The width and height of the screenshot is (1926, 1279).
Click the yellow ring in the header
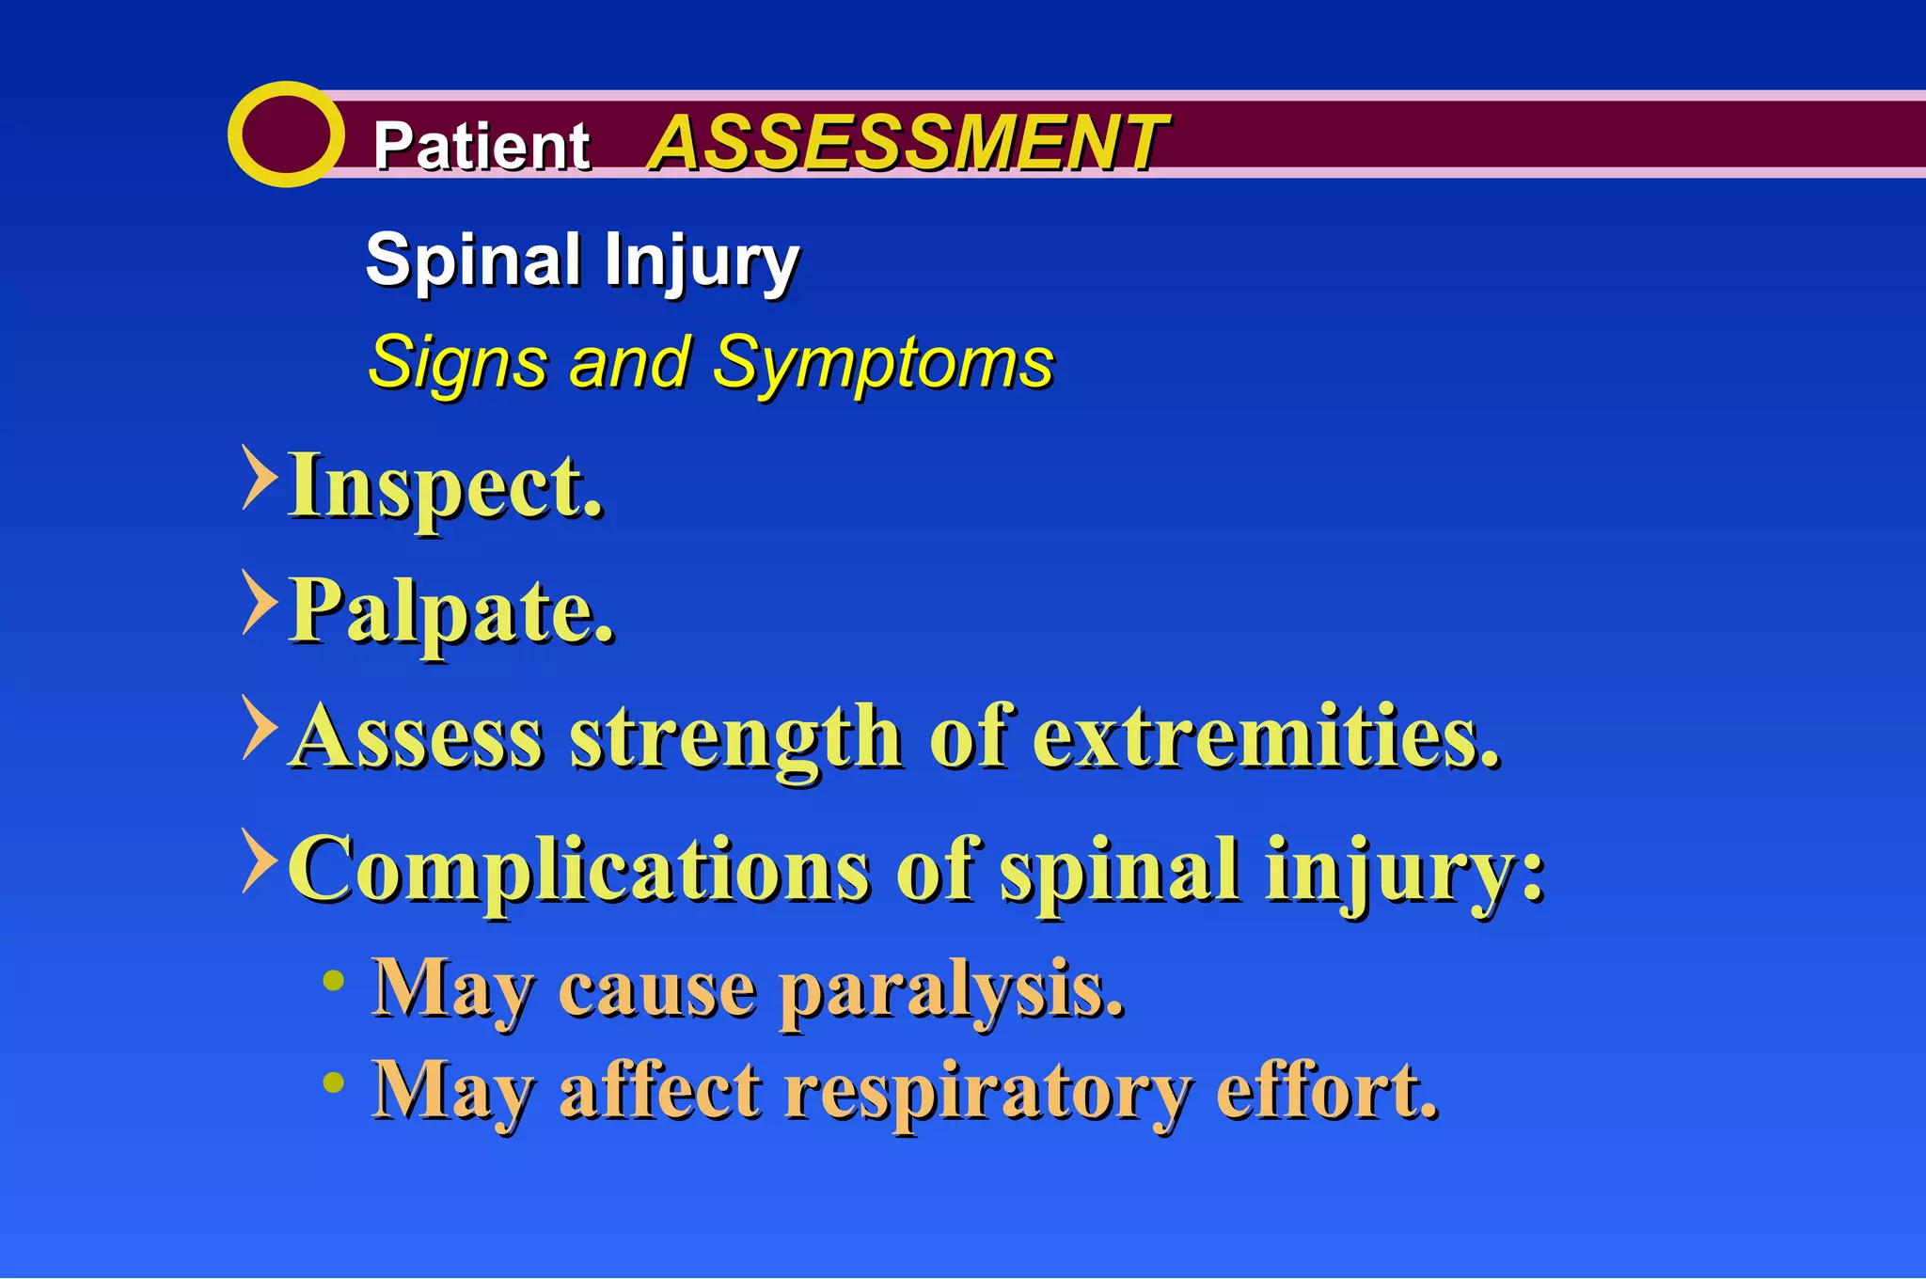point(285,134)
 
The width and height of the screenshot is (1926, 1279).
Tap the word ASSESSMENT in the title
point(907,143)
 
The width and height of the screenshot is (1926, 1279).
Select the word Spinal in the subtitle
point(473,261)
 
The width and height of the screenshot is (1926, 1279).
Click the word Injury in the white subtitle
point(702,262)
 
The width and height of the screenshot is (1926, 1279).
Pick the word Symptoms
point(882,364)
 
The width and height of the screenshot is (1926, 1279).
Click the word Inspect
point(446,487)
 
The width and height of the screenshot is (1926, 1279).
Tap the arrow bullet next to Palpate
point(259,602)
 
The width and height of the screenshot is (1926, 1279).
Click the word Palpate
point(451,612)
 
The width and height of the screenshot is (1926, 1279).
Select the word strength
point(736,737)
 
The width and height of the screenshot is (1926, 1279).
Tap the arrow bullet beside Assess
point(259,727)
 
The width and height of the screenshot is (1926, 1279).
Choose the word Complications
point(578,870)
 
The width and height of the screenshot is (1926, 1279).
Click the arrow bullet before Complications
point(259,861)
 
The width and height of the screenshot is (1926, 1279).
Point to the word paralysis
point(952,991)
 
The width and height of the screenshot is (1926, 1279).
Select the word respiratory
point(987,1093)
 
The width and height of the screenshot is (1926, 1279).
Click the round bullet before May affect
point(333,1082)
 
